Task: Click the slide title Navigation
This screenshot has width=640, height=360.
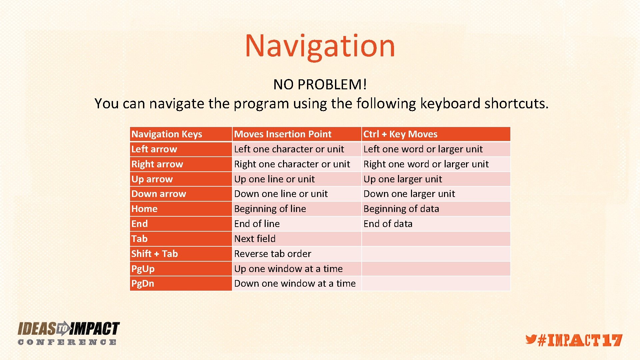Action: [x=320, y=46]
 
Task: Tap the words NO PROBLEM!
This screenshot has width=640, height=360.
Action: [x=320, y=85]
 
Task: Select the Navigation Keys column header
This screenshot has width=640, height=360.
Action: [x=167, y=134]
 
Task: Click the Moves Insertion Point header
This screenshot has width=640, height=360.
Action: [x=283, y=134]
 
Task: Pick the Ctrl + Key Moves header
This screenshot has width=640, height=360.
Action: [x=400, y=134]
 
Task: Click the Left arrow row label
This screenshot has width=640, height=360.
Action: [x=154, y=149]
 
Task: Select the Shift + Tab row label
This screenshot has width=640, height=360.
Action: [x=154, y=254]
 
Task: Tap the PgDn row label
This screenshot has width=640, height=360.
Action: [x=143, y=284]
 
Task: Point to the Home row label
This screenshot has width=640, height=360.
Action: [x=144, y=209]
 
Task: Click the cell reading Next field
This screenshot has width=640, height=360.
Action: [x=255, y=239]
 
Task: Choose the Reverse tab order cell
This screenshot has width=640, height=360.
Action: [x=272, y=254]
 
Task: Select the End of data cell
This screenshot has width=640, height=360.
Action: [x=388, y=224]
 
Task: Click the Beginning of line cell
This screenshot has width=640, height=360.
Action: [x=270, y=209]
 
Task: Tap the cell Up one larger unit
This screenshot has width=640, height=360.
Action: [x=402, y=179]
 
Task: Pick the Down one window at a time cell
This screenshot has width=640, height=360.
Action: [x=295, y=284]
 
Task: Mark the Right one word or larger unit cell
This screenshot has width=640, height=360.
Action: [x=426, y=164]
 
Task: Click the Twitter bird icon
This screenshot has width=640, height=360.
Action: [x=531, y=339]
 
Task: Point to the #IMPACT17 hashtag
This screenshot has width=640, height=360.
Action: [x=580, y=341]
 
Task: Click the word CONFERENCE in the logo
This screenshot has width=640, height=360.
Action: [x=67, y=342]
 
